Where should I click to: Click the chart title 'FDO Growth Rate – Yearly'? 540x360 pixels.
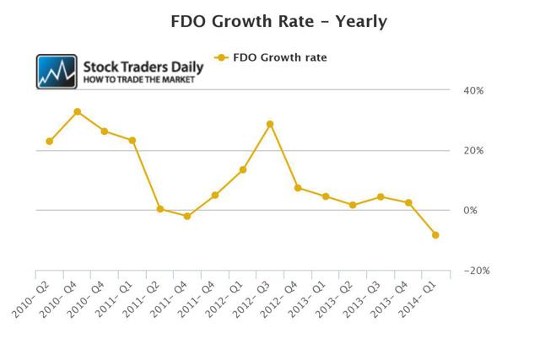click(x=278, y=21)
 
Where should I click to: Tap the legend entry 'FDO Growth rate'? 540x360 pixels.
click(x=271, y=57)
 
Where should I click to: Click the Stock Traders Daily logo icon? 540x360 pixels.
click(x=57, y=72)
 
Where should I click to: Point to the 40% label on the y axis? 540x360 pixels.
click(x=473, y=90)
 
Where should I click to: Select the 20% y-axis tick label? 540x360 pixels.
click(x=473, y=150)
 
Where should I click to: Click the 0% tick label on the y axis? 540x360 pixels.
click(x=470, y=210)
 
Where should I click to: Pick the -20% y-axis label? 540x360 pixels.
click(x=477, y=271)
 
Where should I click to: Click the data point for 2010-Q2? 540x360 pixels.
click(x=50, y=141)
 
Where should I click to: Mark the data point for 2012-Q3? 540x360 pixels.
click(x=270, y=124)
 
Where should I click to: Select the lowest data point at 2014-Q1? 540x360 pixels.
click(x=435, y=235)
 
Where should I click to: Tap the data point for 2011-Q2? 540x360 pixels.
click(x=159, y=208)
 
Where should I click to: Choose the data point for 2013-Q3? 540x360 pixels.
click(x=381, y=197)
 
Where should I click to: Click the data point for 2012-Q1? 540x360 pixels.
click(x=243, y=169)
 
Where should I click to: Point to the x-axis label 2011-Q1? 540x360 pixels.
click(x=114, y=298)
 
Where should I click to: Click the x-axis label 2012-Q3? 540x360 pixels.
click(x=251, y=298)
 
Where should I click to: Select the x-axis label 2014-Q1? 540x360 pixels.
click(x=417, y=298)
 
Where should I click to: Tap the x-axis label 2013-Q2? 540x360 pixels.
click(x=334, y=298)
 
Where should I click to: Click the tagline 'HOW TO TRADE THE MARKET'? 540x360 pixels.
click(x=138, y=80)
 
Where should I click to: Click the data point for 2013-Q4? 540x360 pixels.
click(x=408, y=202)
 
